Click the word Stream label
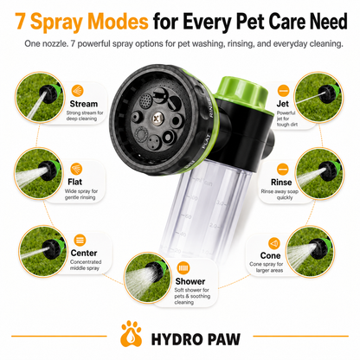click(x=84, y=104)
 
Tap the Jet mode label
click(x=282, y=104)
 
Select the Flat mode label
click(x=75, y=182)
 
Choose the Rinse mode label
click(x=281, y=183)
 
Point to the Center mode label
click(x=84, y=253)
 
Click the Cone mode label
click(x=270, y=255)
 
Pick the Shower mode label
click(x=190, y=281)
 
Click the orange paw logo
click(x=132, y=333)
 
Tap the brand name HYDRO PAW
click(x=196, y=339)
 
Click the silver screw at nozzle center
click(x=157, y=118)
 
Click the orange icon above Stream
click(x=77, y=91)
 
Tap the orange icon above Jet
click(x=283, y=91)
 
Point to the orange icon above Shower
click(x=183, y=268)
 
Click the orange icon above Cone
click(x=274, y=243)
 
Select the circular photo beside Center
click(x=42, y=251)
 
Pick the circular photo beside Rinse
click(x=319, y=174)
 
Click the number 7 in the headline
click(x=20, y=22)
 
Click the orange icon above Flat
click(x=76, y=169)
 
